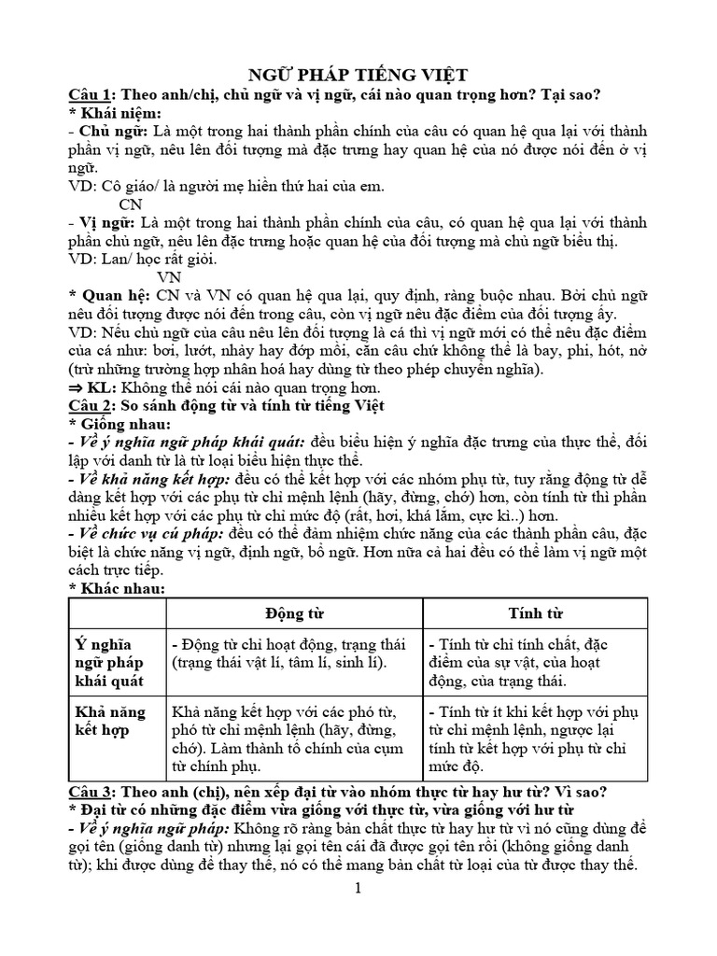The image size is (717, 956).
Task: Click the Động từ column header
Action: click(293, 613)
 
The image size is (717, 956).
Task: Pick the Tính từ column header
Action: click(535, 613)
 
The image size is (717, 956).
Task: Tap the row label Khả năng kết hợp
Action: click(109, 722)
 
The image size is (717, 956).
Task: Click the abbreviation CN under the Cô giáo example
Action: click(131, 204)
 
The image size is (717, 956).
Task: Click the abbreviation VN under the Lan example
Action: click(169, 277)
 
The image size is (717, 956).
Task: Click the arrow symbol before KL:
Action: click(77, 387)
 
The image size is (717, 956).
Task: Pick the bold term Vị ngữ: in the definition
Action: click(104, 222)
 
